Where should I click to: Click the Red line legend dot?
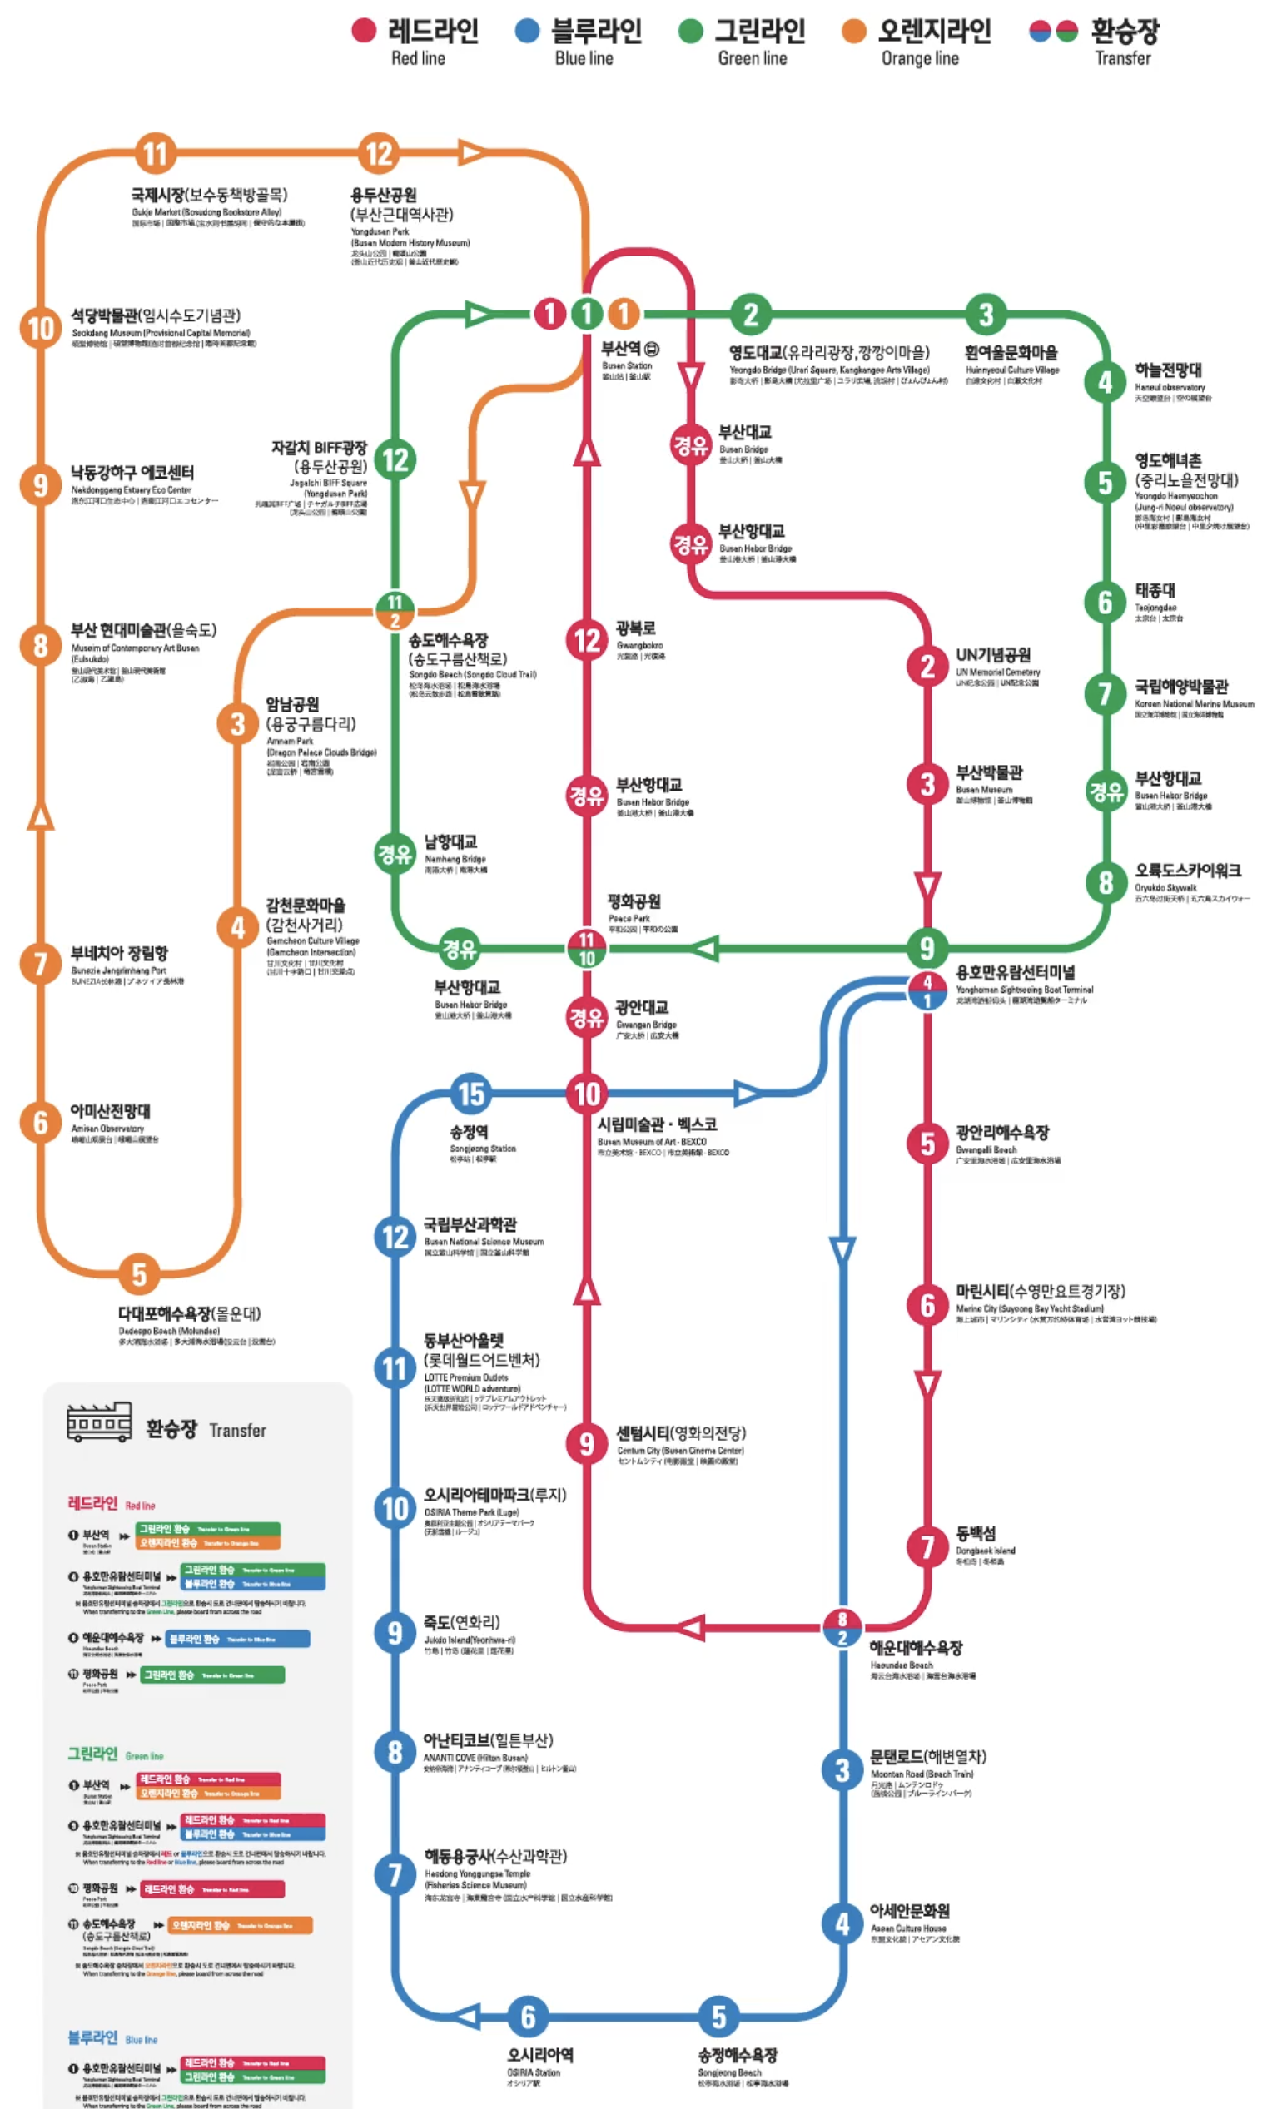pos(364,31)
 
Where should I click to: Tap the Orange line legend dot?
pos(853,31)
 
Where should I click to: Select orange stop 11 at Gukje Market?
pos(155,154)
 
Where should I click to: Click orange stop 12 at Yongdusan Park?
pos(380,154)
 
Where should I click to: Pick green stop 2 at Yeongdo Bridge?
pos(751,314)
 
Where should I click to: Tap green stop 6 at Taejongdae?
pos(1105,602)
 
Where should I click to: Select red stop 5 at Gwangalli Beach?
pos(927,1143)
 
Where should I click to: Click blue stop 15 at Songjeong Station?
pos(472,1093)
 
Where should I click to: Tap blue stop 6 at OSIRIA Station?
pos(528,2017)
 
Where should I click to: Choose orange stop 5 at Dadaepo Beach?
pos(140,1274)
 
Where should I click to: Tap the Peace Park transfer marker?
pos(586,948)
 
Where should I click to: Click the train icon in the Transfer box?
pos(99,1422)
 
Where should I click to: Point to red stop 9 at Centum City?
pos(586,1443)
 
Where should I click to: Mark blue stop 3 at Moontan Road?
pos(842,1770)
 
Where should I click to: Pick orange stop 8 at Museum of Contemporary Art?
pos(40,644)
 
